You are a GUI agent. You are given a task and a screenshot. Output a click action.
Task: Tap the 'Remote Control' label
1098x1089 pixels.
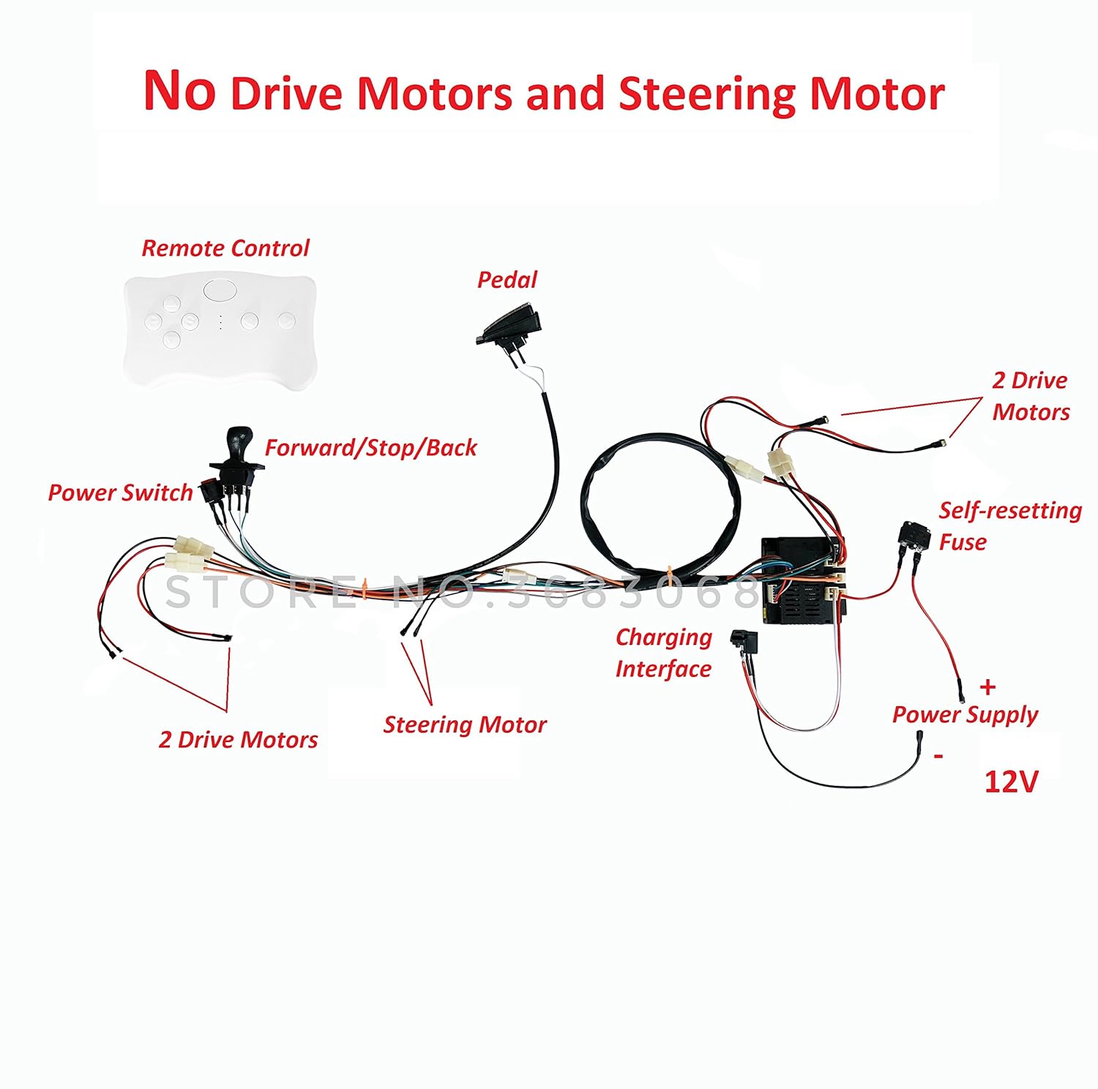click(x=225, y=248)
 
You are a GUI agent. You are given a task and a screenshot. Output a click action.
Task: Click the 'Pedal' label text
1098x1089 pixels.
click(x=507, y=280)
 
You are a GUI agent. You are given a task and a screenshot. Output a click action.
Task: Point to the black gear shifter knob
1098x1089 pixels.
click(x=237, y=442)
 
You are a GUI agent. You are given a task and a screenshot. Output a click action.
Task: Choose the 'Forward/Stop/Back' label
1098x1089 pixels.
click(x=370, y=447)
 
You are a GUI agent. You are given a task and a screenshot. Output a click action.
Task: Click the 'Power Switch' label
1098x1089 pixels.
click(x=120, y=493)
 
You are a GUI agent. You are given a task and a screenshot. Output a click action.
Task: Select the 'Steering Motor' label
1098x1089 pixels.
click(x=465, y=725)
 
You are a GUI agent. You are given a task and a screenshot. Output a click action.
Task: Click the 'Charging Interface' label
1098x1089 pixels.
click(x=663, y=653)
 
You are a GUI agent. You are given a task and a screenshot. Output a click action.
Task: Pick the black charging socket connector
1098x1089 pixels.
click(x=744, y=643)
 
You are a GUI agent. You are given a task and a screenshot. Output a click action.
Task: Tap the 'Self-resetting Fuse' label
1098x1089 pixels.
click(x=1010, y=525)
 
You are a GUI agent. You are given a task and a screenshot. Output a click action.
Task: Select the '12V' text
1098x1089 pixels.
click(x=1011, y=782)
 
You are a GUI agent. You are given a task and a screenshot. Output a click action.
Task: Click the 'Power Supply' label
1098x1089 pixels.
click(x=965, y=714)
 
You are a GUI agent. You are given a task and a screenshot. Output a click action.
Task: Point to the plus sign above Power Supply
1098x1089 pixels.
click(x=988, y=686)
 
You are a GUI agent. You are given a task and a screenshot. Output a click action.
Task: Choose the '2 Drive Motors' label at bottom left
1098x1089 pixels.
click(x=238, y=740)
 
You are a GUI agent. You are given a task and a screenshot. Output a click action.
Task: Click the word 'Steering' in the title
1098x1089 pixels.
click(x=708, y=95)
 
